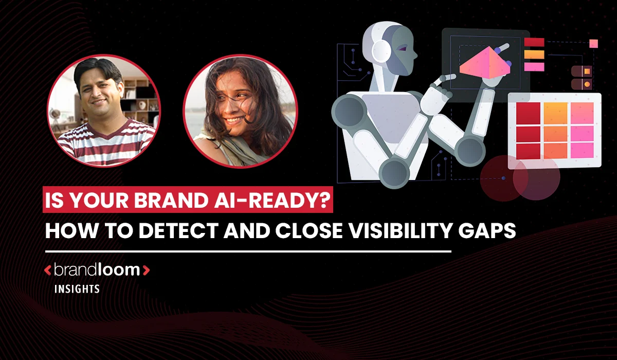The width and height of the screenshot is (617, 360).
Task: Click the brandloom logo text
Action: [97, 269]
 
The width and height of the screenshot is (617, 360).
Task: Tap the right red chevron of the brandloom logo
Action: [146, 270]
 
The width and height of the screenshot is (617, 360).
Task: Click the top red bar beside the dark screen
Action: [534, 42]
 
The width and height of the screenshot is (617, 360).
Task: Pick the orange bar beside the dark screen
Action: [534, 54]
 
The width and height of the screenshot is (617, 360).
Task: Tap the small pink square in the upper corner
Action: [593, 43]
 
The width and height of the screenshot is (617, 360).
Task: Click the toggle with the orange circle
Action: [582, 83]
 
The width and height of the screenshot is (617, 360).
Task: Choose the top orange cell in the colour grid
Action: [555, 113]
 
